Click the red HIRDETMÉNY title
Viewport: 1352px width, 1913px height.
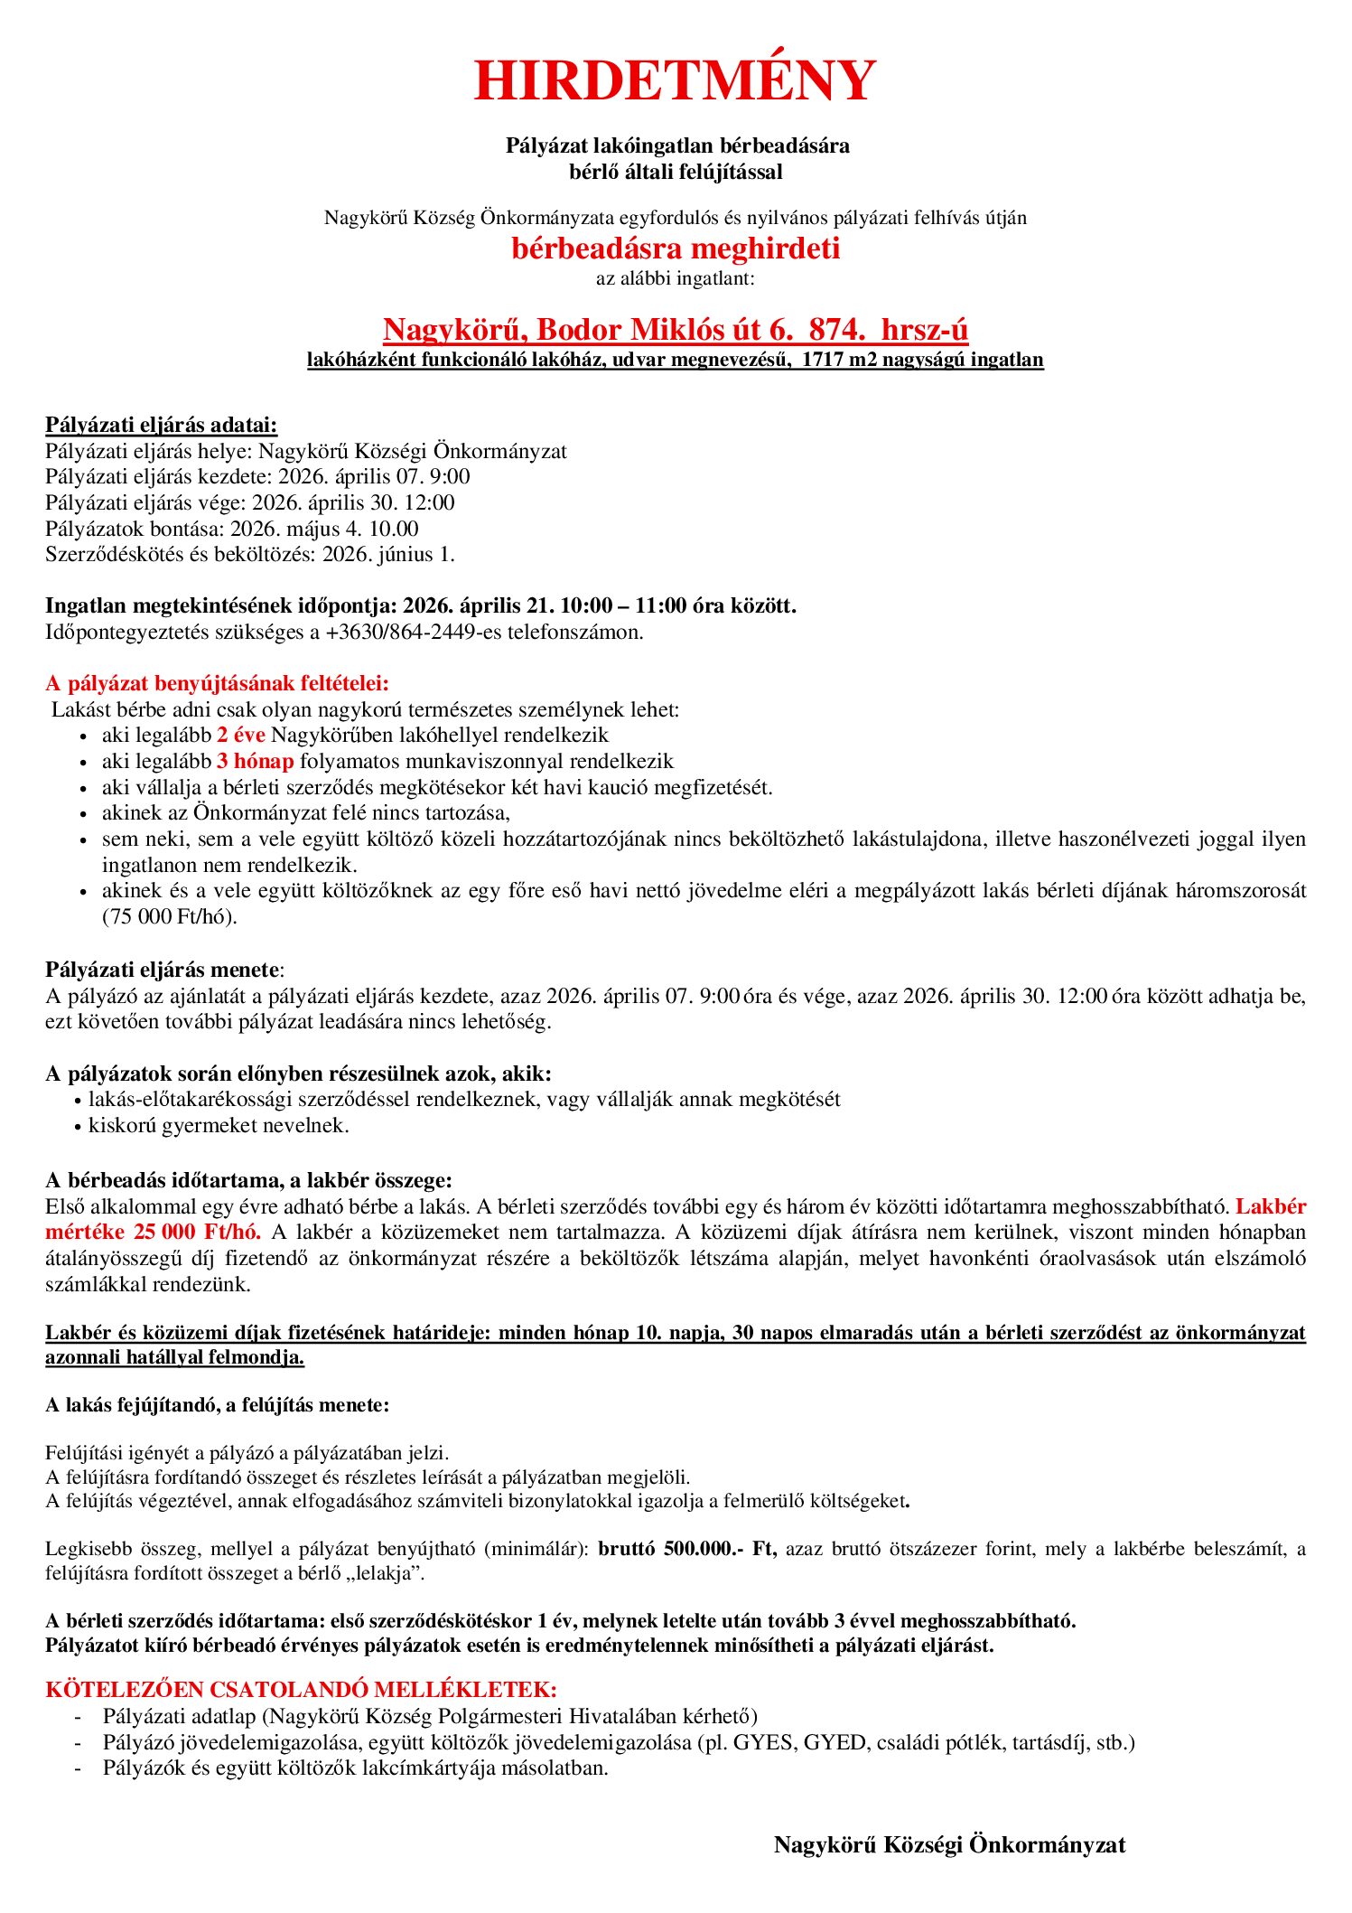(675, 80)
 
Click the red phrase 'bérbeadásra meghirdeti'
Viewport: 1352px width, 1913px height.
(675, 249)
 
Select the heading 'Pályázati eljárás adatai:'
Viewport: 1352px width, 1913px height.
(161, 425)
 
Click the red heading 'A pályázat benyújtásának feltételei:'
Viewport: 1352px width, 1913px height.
(217, 683)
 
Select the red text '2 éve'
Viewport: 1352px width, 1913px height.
(240, 735)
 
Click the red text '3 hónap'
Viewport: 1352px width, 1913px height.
(255, 761)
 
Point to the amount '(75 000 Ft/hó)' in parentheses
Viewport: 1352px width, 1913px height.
(169, 916)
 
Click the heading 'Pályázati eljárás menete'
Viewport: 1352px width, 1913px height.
(163, 970)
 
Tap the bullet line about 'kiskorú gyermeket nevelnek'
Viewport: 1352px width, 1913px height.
(219, 1125)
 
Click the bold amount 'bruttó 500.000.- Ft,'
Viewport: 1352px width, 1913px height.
(687, 1549)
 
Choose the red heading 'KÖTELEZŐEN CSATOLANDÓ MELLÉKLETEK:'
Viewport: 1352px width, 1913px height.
(301, 1689)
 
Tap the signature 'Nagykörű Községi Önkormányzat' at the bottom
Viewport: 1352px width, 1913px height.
(949, 1845)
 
